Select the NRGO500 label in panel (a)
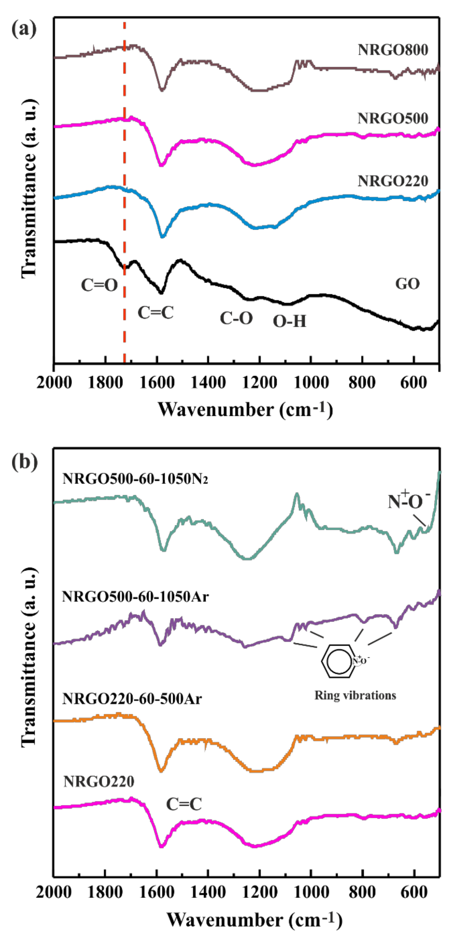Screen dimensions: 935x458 (393, 118)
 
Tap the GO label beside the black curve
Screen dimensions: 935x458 (407, 284)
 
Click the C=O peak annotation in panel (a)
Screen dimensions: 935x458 (99, 285)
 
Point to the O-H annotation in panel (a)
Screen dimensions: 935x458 (289, 321)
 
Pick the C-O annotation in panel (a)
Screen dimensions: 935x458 (236, 318)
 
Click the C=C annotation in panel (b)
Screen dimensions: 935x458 (184, 804)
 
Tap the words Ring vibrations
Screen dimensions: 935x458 (355, 695)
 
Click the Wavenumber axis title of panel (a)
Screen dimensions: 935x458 (245, 410)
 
